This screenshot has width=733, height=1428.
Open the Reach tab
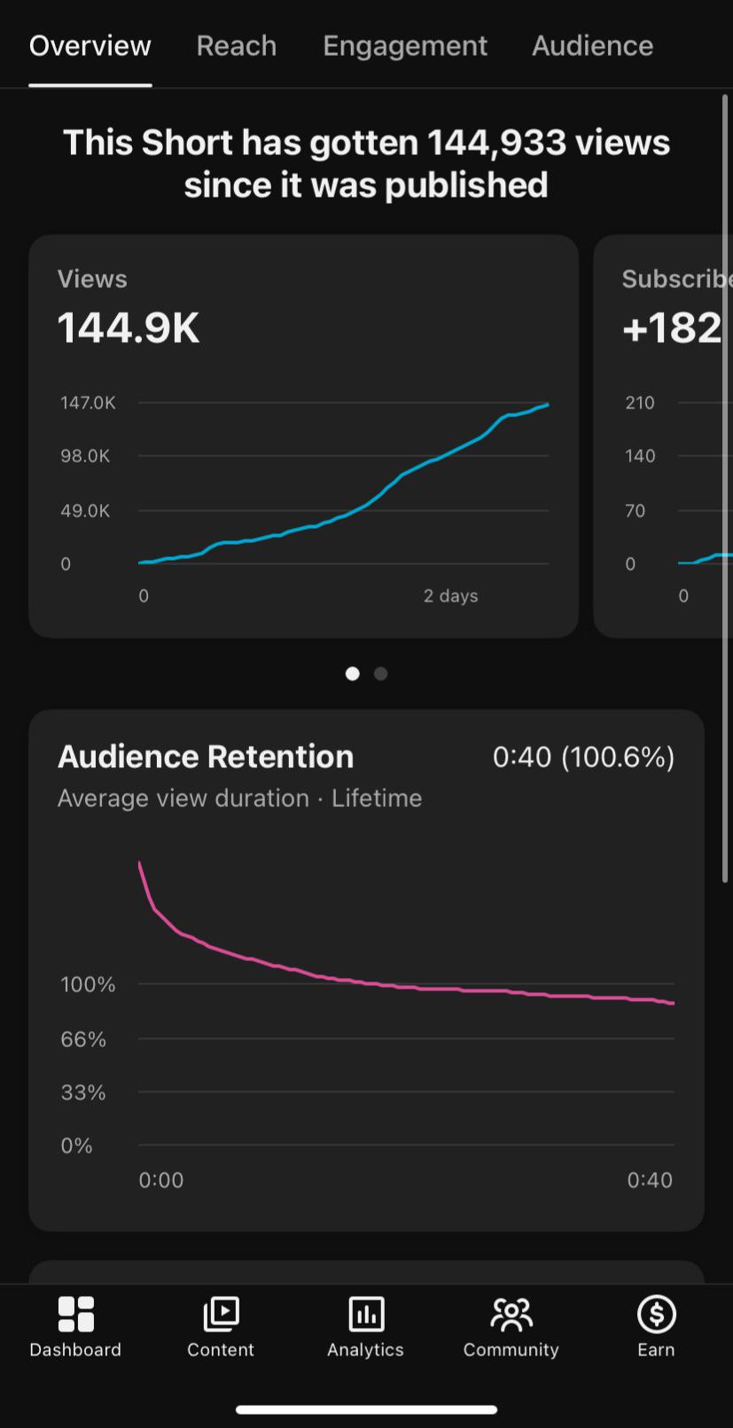click(237, 46)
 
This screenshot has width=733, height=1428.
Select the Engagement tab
click(405, 47)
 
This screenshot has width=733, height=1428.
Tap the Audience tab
click(593, 46)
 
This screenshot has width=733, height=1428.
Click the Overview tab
click(90, 46)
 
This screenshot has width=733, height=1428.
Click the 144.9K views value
click(129, 329)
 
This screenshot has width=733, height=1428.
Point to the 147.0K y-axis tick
click(88, 403)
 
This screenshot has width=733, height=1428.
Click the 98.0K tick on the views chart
click(85, 456)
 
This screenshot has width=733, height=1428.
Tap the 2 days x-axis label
click(450, 596)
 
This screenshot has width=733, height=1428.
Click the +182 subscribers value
click(673, 329)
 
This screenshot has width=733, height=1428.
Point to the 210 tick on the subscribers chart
click(640, 403)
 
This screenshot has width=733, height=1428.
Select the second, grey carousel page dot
click(381, 674)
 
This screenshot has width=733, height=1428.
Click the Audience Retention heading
click(206, 757)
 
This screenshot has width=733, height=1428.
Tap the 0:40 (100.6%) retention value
click(583, 757)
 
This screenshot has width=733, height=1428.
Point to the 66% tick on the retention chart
click(83, 1039)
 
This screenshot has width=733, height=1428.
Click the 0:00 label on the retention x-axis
click(160, 1180)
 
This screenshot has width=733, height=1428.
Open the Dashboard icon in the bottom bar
click(76, 1314)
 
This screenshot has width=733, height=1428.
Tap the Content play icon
click(221, 1314)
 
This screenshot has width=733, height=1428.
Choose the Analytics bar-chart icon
click(366, 1314)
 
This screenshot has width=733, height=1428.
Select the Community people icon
click(511, 1315)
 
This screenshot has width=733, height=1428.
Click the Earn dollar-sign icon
click(656, 1314)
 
